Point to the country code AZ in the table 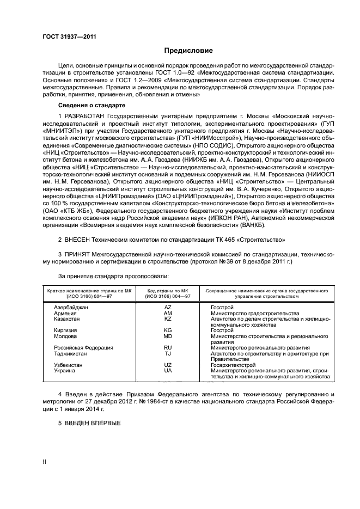pyautogui.click(x=168, y=308)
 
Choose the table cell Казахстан pyautogui.click(x=66, y=319)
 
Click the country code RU pyautogui.click(x=168, y=347)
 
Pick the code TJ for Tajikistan pyautogui.click(x=168, y=353)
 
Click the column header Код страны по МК pyautogui.click(x=168, y=291)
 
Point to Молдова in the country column pyautogui.click(x=65, y=336)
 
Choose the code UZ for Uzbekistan pyautogui.click(x=168, y=365)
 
